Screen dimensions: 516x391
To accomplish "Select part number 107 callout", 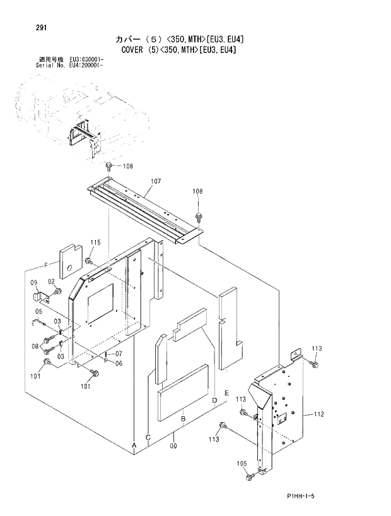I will coord(155,181).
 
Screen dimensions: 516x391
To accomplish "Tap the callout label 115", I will coord(95,243).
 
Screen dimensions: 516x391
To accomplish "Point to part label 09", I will coord(34,282).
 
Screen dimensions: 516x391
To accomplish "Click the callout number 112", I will coord(318,414).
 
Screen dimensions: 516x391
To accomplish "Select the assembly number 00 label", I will coord(173,446).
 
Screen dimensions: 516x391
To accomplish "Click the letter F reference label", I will coord(45,265).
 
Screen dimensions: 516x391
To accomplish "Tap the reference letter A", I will coord(134,445).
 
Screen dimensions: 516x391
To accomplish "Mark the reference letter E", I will coord(225,393).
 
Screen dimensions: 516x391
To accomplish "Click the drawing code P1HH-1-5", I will coord(295,497).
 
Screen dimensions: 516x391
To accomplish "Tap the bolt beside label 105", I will coord(250,476).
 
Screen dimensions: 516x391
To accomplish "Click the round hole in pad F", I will coord(71,256).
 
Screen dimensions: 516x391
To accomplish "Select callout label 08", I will coord(35,346).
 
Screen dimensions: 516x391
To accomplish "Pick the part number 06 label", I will coord(118,362).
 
